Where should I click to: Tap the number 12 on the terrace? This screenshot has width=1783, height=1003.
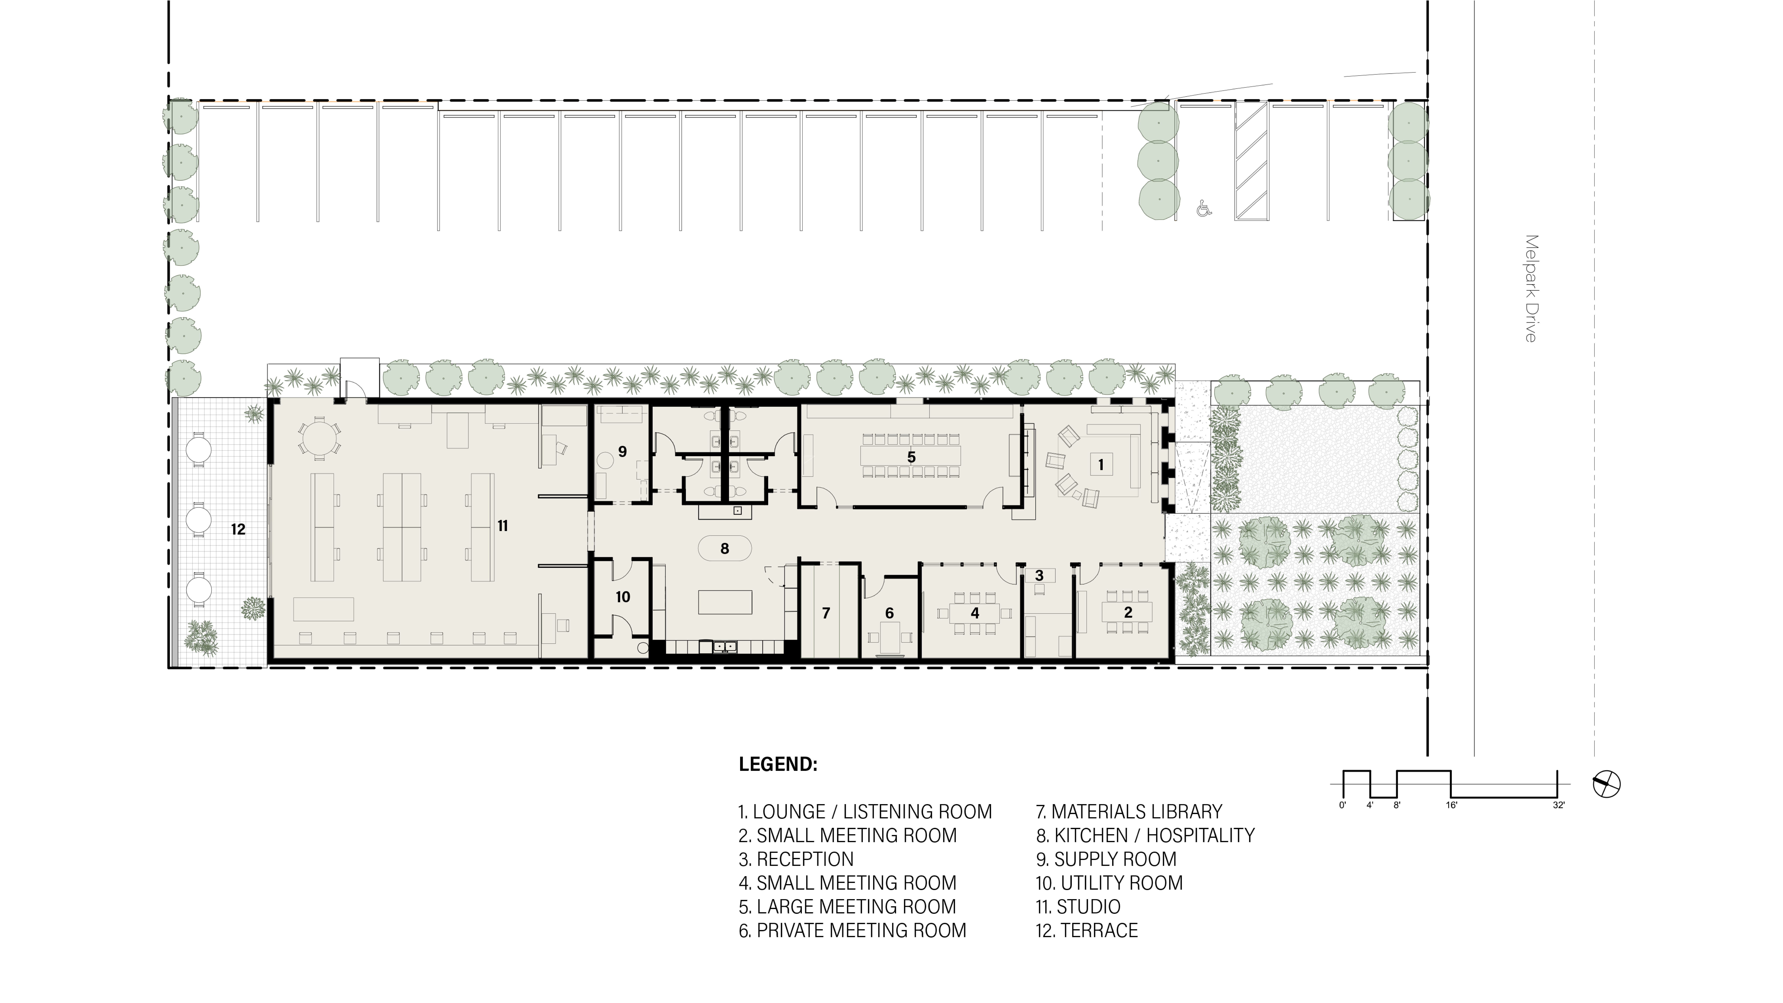[x=238, y=530]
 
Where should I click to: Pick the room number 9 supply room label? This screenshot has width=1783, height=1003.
[x=622, y=452]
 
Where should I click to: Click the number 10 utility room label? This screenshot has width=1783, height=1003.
[x=622, y=597]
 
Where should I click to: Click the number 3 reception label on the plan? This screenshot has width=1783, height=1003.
[x=1039, y=575]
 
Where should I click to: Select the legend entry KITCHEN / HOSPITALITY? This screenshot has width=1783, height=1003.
[x=1146, y=835]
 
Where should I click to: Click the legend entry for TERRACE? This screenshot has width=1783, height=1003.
[x=1087, y=930]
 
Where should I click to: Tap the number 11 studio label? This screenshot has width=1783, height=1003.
[x=503, y=526]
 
